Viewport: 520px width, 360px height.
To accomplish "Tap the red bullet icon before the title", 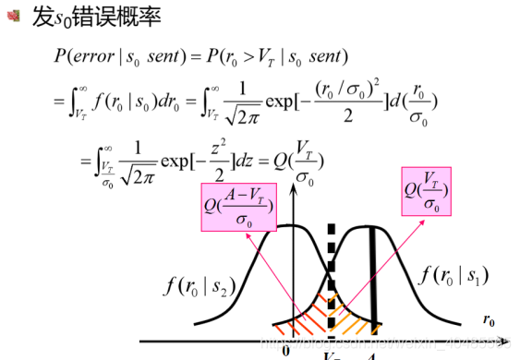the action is [x=12, y=18].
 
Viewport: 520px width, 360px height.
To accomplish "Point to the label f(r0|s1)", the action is [x=453, y=275].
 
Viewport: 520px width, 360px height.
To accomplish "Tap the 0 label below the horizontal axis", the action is [x=286, y=350].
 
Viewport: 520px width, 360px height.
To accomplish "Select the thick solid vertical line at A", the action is [x=375, y=277].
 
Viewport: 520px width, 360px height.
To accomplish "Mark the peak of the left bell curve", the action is [x=289, y=226].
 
